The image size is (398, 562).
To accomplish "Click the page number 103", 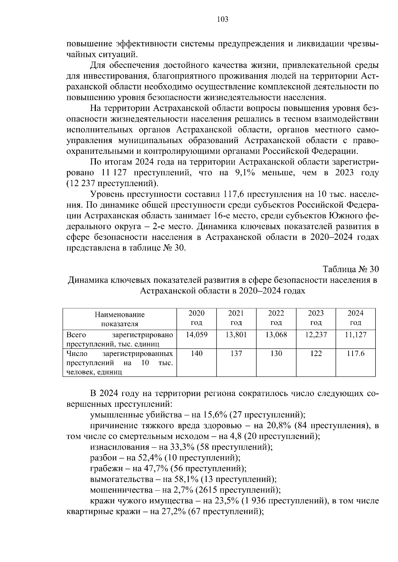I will [223, 20].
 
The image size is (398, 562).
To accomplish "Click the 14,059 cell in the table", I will [196, 335].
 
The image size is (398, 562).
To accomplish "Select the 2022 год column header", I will [276, 318].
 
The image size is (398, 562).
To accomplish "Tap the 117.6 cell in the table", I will [355, 354].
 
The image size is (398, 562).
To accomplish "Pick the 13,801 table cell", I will [236, 335].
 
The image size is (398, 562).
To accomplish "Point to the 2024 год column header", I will [355, 318].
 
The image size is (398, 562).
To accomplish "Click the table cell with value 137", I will [236, 354].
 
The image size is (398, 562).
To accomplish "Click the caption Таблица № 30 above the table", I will [351, 269].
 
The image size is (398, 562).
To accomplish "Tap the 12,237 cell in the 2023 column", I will [316, 335].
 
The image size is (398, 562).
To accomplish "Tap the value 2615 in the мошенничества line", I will [208, 490].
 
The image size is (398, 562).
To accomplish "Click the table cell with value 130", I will [276, 354].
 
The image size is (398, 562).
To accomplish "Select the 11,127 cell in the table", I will [355, 335].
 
